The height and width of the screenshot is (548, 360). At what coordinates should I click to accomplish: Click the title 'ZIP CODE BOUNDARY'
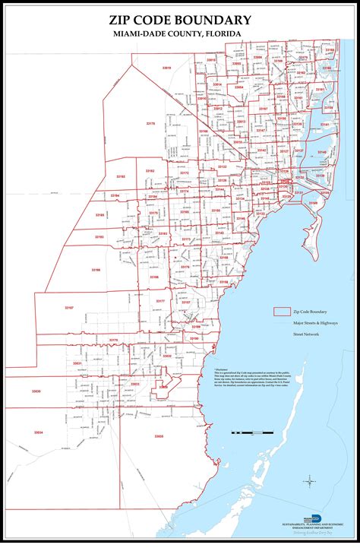tap(180, 20)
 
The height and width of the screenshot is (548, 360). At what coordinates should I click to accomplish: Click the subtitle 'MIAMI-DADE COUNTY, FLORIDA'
tap(180, 35)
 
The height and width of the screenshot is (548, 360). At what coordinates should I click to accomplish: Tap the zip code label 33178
tap(150, 123)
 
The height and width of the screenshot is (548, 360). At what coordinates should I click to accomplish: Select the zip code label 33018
tap(166, 68)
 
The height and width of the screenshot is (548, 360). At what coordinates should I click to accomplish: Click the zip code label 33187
tap(69, 307)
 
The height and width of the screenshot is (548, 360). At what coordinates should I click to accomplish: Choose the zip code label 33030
tap(36, 391)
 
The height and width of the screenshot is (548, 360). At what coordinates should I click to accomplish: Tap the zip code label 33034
tap(39, 432)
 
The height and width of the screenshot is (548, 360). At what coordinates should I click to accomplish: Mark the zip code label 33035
tap(158, 436)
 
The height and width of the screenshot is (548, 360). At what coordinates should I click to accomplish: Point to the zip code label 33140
tap(322, 152)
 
